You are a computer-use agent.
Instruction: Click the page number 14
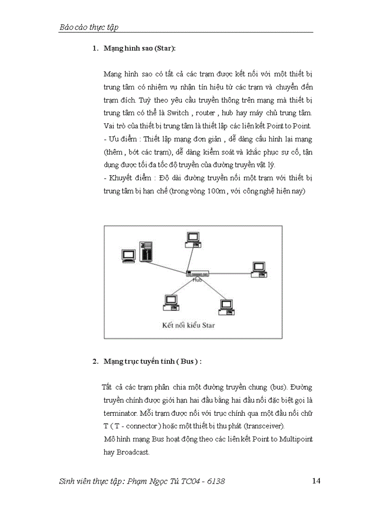pyautogui.click(x=316, y=481)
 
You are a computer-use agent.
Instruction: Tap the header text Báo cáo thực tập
pyautogui.click(x=89, y=28)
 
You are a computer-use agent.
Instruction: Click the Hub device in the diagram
pyautogui.click(x=197, y=274)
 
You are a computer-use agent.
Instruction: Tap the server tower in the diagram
pyautogui.click(x=146, y=251)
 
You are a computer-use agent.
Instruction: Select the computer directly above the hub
pyautogui.click(x=193, y=239)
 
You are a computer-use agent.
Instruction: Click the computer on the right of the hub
pyautogui.click(x=259, y=269)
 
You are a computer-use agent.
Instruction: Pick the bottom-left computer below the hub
pyautogui.click(x=170, y=302)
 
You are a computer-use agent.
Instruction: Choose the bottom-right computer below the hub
pyautogui.click(x=225, y=307)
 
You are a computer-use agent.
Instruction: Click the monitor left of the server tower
pyautogui.click(x=129, y=256)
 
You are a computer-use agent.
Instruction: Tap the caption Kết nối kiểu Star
pyautogui.click(x=189, y=325)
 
